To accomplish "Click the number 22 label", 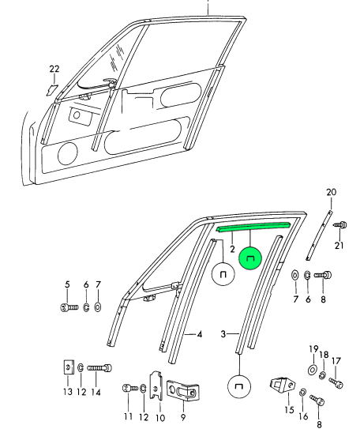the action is [x=54, y=69].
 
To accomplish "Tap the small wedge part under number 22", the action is [x=53, y=90].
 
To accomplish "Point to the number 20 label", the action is [x=331, y=192].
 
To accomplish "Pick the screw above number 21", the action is [x=340, y=225].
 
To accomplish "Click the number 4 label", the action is [x=200, y=334].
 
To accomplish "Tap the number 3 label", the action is [x=223, y=334].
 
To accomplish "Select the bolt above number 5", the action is [x=69, y=307].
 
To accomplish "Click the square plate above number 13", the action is [x=68, y=367].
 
